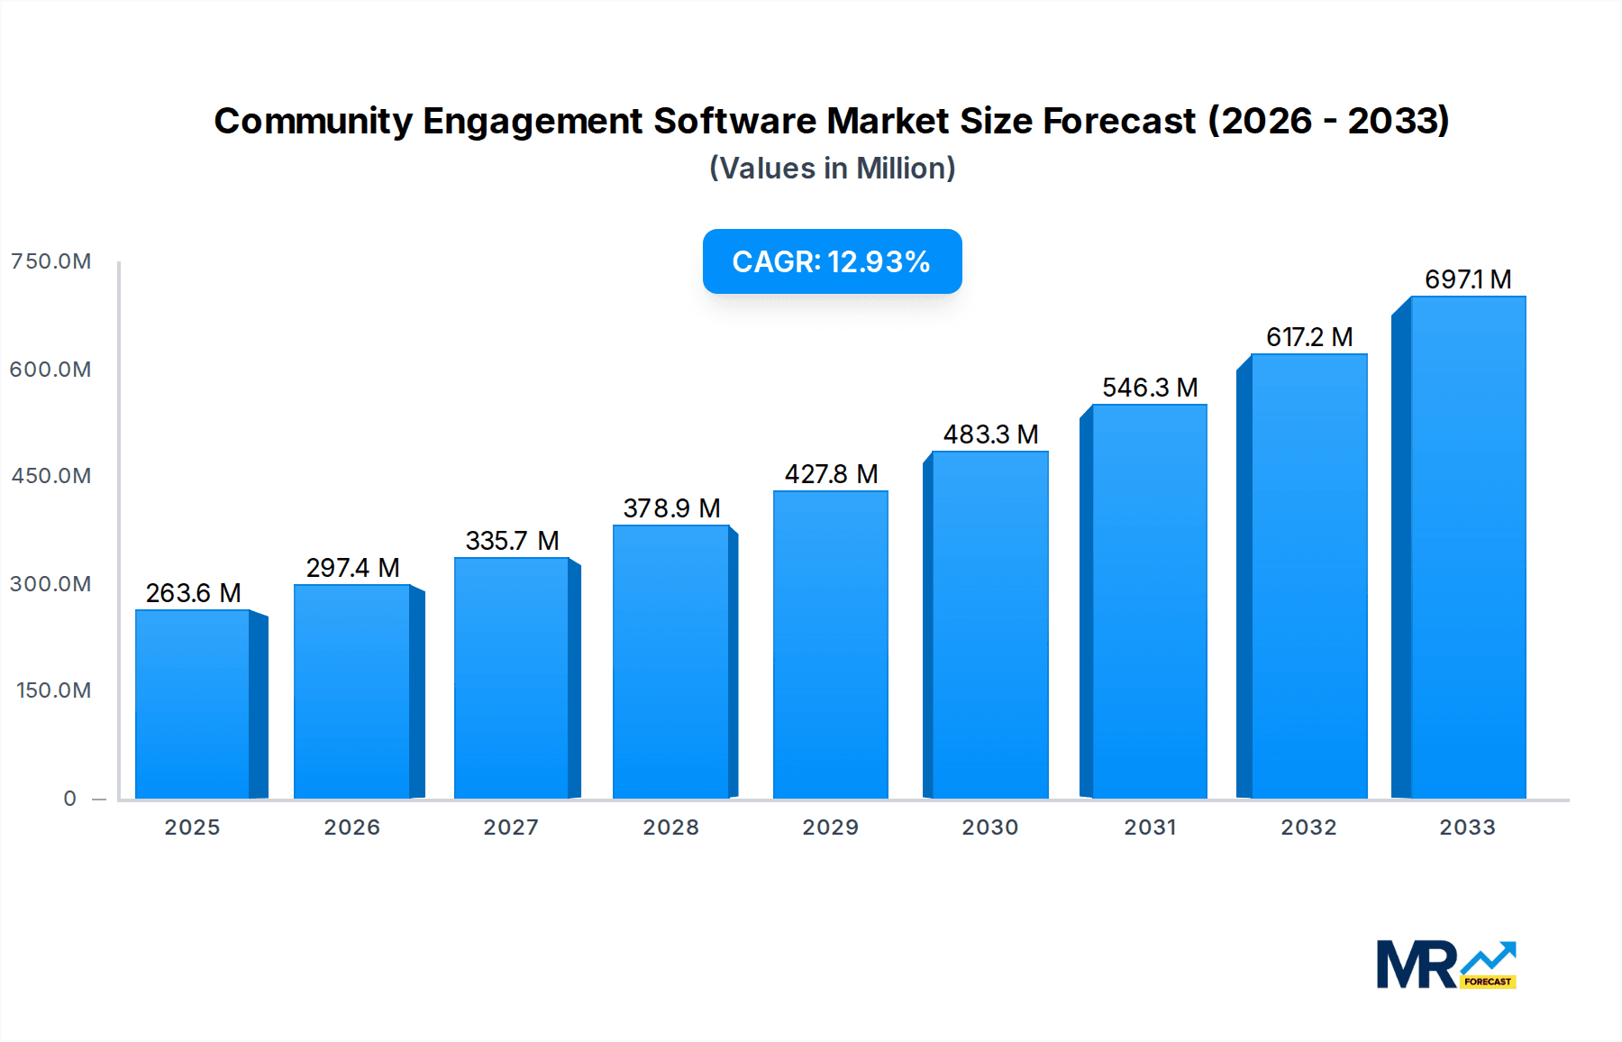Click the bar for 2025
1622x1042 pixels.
coord(193,704)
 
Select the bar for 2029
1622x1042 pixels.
coord(830,644)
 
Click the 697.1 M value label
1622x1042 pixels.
coord(1467,279)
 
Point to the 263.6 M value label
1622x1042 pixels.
coord(193,593)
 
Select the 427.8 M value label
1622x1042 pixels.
coord(830,474)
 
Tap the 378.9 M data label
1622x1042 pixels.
coord(671,508)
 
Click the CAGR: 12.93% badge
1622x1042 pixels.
coord(832,261)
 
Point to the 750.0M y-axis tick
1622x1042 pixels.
coord(51,261)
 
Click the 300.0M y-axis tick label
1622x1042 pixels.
coord(51,584)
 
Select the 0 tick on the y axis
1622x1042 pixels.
coord(70,799)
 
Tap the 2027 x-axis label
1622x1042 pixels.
coord(511,827)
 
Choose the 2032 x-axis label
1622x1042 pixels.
coord(1308,827)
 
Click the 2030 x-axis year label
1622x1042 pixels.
coord(989,827)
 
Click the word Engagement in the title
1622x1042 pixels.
coord(533,122)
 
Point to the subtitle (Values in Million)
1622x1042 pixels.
coord(832,169)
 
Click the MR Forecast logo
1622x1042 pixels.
coord(1445,965)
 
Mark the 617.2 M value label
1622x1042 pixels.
coord(1308,337)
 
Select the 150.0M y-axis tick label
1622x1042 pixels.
coord(54,690)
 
